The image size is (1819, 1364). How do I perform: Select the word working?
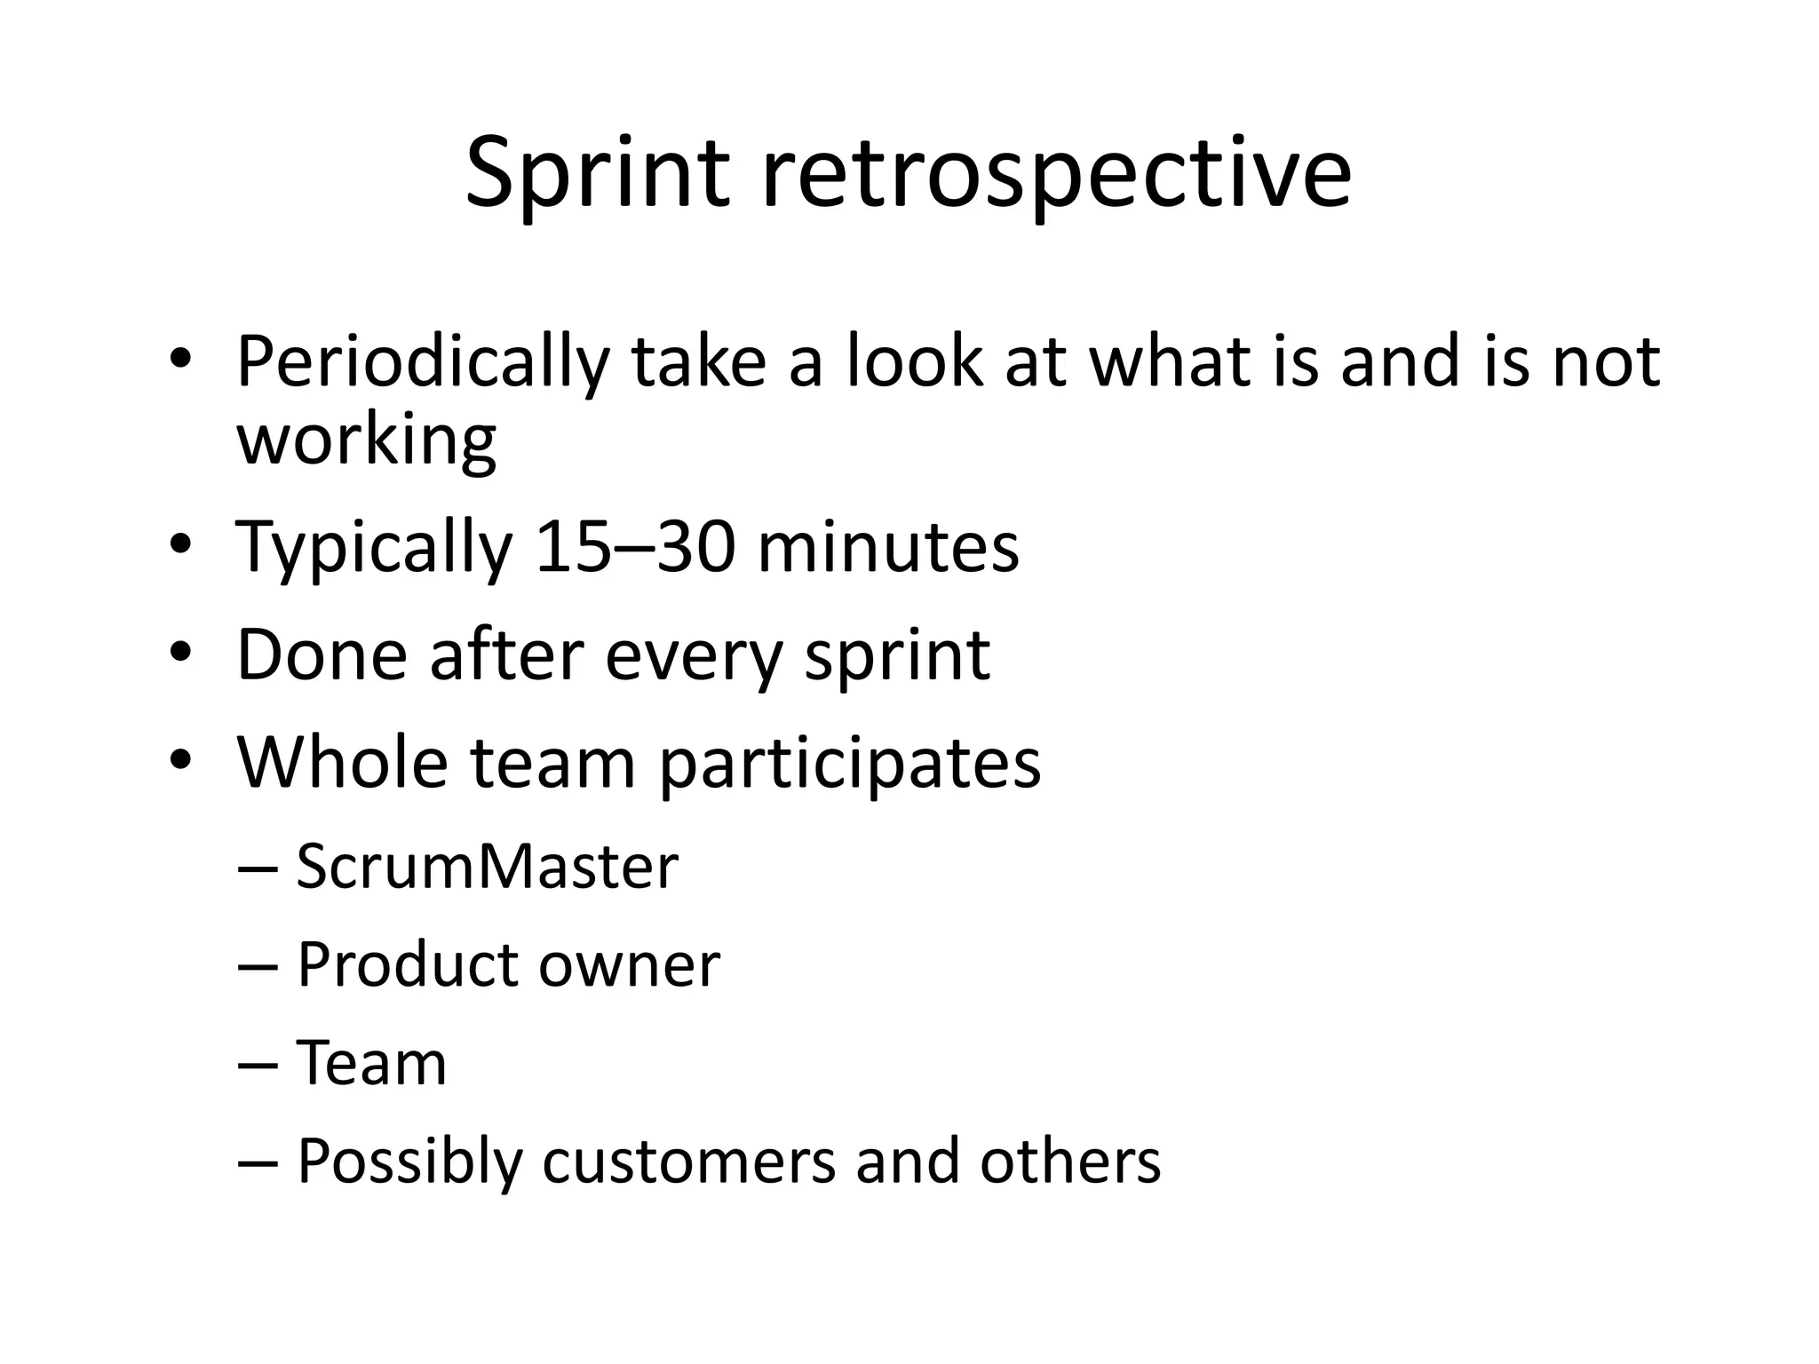coord(366,440)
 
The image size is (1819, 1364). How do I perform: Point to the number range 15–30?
coord(636,546)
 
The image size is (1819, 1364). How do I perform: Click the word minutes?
coord(888,546)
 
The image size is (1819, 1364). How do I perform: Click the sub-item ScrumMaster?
coord(487,867)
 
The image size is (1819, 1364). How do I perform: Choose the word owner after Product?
coord(630,965)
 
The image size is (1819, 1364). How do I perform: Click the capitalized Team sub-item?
coord(371,1063)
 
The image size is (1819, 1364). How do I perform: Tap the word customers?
coord(688,1162)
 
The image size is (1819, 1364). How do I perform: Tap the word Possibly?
coord(409,1163)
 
